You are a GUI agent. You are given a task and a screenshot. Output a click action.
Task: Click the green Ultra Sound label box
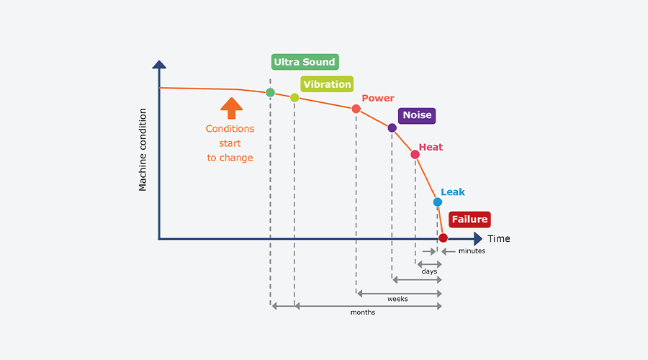305,62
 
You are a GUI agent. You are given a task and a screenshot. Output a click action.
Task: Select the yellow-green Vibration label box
327,84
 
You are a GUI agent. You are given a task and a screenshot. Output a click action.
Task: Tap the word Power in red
378,99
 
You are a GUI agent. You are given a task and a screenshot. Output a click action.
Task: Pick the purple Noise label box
417,115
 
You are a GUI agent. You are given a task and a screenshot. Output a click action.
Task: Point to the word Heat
431,147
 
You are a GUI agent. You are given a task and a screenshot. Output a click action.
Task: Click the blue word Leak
453,192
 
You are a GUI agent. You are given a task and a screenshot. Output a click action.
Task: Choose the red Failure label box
469,220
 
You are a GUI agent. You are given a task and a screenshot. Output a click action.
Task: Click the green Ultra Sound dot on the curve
270,93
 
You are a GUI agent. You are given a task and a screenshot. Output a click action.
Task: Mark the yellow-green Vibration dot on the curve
294,97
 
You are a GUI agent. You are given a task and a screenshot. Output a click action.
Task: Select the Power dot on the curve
356,109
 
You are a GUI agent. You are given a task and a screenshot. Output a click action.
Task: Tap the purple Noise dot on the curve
392,128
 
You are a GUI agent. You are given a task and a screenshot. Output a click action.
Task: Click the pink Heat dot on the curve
415,155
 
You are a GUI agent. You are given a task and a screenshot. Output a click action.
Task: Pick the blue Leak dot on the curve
438,202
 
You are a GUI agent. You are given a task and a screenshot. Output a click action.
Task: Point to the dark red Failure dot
443,238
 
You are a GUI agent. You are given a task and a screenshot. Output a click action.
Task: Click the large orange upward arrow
231,108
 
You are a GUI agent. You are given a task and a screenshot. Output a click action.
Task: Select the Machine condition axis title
143,150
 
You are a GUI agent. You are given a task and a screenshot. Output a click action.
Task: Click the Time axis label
498,238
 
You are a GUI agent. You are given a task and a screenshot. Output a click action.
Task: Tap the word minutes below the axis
472,251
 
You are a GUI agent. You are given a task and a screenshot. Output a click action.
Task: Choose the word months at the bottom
363,312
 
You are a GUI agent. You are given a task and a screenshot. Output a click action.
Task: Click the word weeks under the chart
397,299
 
